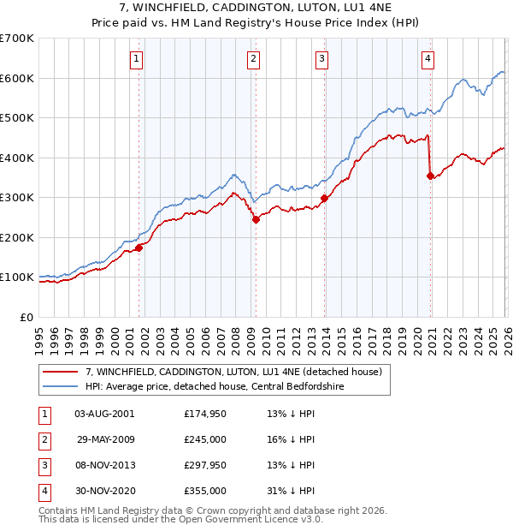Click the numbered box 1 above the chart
[137, 58]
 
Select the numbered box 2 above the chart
[254, 58]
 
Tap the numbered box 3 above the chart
[321, 58]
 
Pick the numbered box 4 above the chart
[427, 58]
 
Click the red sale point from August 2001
[139, 248]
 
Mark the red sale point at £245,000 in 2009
[256, 219]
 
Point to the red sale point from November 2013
[325, 199]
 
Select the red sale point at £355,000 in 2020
[430, 176]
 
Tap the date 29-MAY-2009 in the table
[107, 439]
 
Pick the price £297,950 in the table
[205, 465]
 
